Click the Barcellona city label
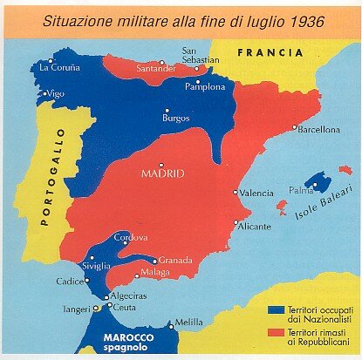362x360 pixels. click(x=319, y=130)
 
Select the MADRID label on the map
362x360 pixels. click(x=162, y=173)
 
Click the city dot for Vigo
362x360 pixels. click(x=45, y=93)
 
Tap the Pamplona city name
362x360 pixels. click(x=205, y=86)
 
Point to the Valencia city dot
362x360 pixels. click(x=235, y=193)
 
